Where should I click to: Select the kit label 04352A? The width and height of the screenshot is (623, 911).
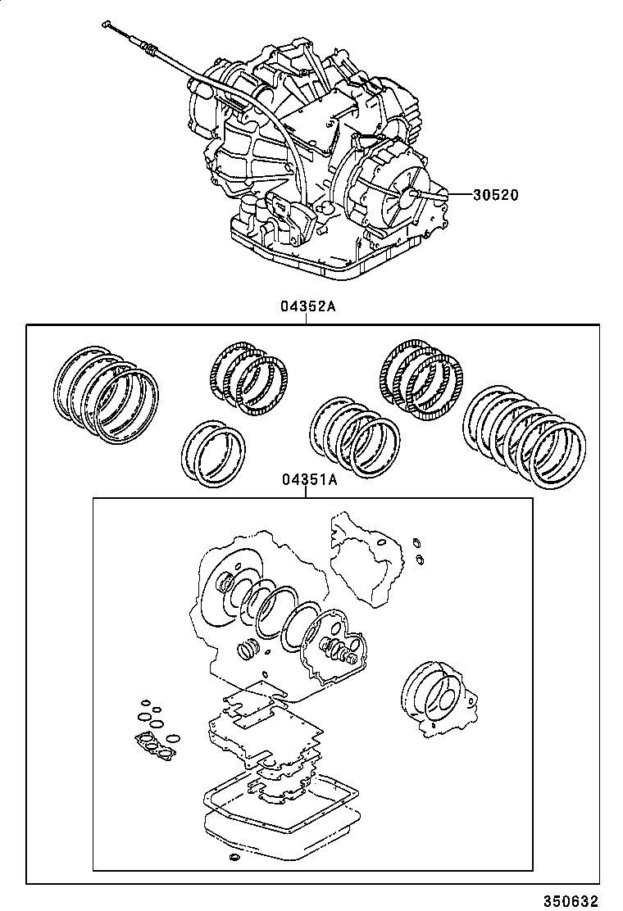tap(308, 307)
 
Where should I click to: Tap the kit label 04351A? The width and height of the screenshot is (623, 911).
tap(309, 481)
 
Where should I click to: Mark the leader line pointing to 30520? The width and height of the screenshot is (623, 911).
tap(455, 195)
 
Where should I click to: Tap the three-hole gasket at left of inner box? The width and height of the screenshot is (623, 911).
tap(156, 741)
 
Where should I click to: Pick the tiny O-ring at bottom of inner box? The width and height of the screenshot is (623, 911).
tap(234, 857)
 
